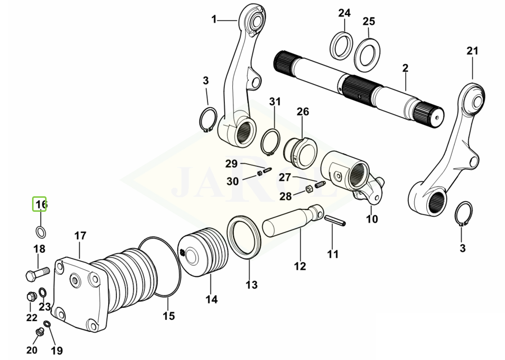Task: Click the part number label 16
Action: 40,204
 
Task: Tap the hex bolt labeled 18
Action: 36,274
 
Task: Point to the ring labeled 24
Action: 341,45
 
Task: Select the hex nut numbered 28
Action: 309,190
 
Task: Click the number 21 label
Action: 472,51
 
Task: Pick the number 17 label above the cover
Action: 80,235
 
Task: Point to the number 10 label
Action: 372,219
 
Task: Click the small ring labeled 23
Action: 44,292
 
